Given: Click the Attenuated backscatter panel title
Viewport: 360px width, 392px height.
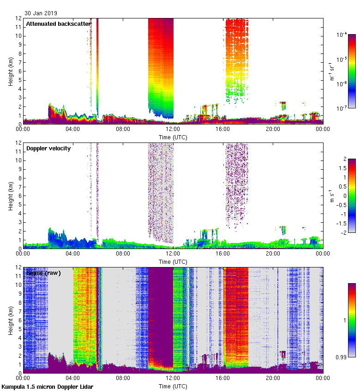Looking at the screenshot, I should [58, 24].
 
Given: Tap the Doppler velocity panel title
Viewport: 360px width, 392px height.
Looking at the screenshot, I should [48, 148].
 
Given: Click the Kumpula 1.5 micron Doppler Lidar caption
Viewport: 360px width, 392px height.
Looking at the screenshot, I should [47, 386].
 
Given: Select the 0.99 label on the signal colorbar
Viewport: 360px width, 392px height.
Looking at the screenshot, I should [342, 356].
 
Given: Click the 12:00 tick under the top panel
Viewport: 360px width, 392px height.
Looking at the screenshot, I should [173, 130].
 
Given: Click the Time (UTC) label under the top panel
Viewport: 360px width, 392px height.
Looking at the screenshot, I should [173, 137].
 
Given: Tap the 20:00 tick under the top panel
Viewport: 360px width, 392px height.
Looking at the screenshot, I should [273, 130].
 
